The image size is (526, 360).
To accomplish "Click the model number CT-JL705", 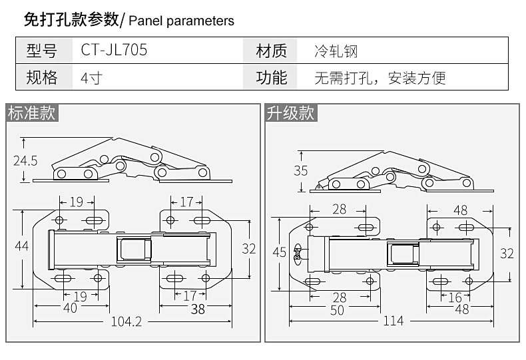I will tap(114, 51).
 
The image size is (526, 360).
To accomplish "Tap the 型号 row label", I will tap(41, 51).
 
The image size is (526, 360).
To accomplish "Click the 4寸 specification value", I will tap(91, 77).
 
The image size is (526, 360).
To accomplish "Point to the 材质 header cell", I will tap(272, 51).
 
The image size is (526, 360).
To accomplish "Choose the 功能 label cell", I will tap(272, 77).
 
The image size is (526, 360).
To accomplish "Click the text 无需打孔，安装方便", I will tap(380, 78).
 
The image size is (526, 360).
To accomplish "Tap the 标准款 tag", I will tap(32, 113).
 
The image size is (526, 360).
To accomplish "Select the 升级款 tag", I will tap(290, 113).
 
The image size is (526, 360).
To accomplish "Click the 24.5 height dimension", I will tap(25, 160).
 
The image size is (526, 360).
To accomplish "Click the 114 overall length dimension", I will tap(394, 321).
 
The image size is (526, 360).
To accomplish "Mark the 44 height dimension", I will tap(21, 246).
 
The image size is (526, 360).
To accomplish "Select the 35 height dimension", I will tap(301, 170).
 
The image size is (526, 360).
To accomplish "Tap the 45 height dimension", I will tap(280, 252).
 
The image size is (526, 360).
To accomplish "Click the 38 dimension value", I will tap(197, 308).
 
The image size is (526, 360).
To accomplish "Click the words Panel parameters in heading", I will tap(180, 21).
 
